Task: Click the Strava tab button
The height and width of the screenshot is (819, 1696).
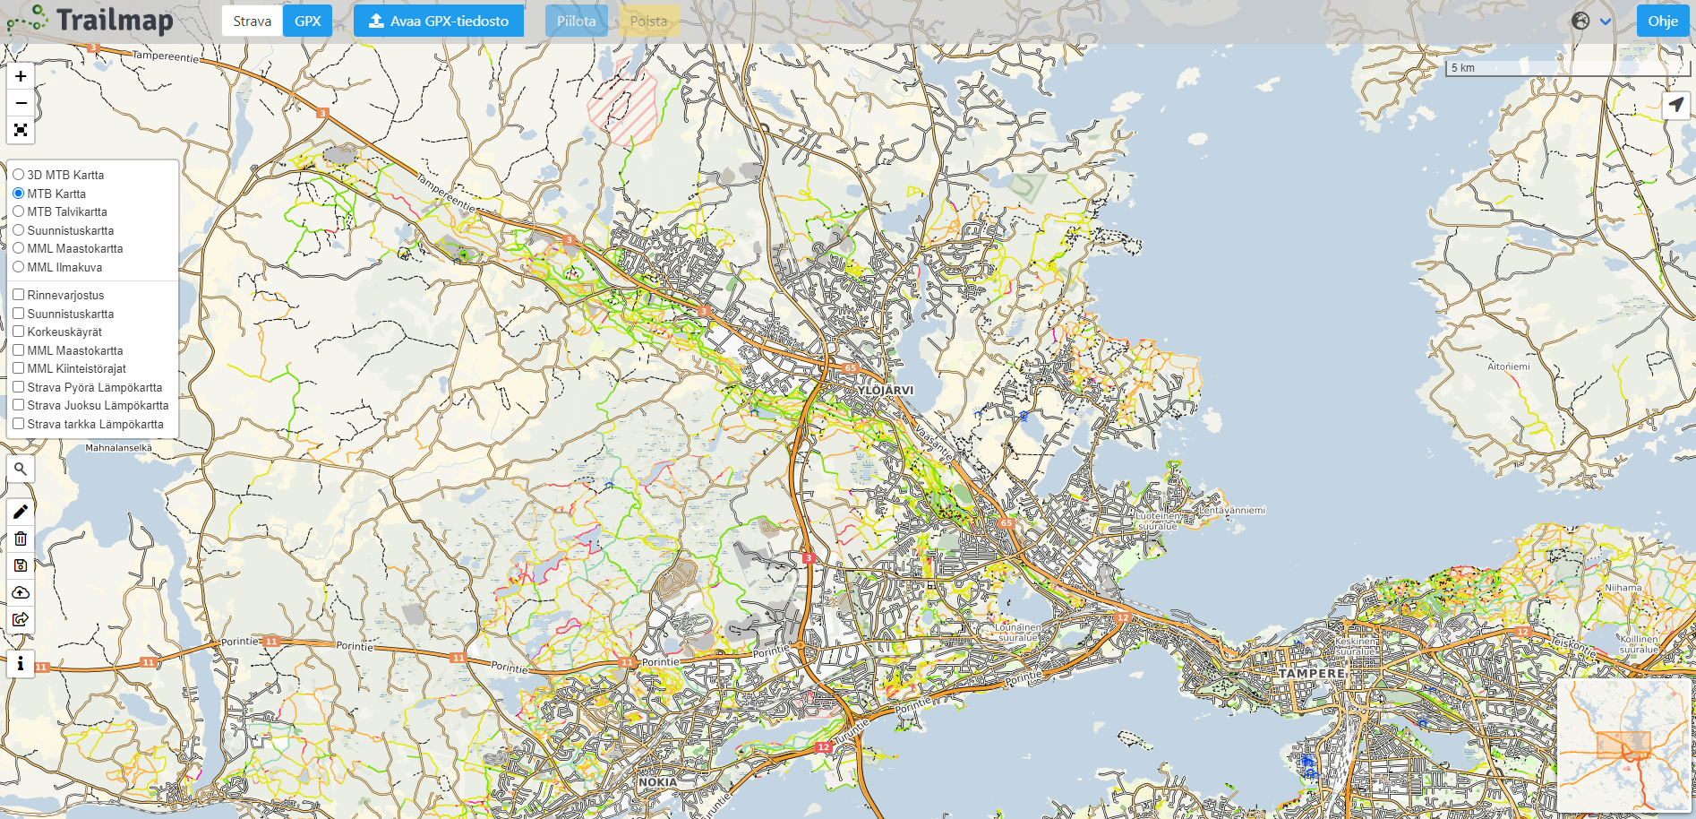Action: click(252, 22)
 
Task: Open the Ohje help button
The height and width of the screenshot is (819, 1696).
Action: click(1662, 22)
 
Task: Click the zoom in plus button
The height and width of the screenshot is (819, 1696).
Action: click(21, 76)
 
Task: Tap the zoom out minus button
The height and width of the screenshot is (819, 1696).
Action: click(21, 103)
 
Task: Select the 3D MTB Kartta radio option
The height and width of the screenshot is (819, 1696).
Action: click(19, 175)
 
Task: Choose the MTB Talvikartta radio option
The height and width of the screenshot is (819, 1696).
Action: click(19, 211)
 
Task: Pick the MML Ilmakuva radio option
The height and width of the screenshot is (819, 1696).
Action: click(19, 267)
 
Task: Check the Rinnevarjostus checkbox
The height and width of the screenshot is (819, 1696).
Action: click(19, 295)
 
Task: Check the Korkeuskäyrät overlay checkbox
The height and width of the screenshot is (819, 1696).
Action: click(19, 332)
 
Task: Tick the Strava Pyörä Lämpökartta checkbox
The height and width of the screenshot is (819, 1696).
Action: click(19, 387)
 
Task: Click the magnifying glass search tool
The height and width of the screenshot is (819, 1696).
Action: click(21, 469)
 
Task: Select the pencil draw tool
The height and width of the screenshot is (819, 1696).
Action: click(21, 512)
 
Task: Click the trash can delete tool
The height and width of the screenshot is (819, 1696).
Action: click(21, 539)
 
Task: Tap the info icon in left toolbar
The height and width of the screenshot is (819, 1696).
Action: click(21, 664)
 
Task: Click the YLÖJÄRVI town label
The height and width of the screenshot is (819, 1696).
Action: click(885, 391)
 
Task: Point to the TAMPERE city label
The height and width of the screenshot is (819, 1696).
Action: click(1311, 673)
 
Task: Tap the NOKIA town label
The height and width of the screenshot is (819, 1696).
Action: click(657, 782)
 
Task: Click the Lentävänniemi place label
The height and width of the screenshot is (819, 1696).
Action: click(1232, 510)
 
